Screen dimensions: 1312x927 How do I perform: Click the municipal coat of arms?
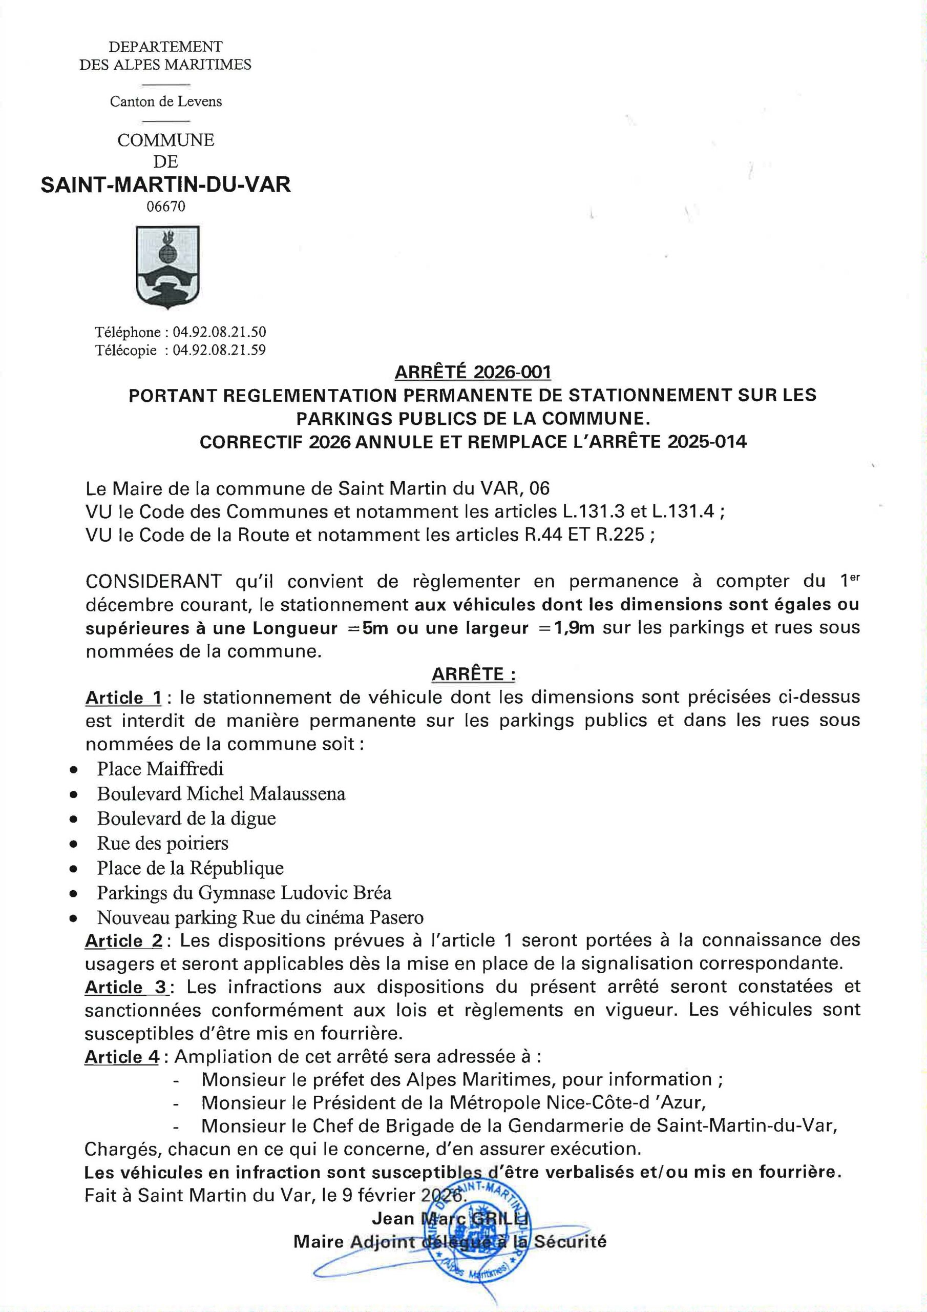[x=167, y=267]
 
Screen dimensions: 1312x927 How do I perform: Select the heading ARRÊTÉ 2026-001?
[x=472, y=372]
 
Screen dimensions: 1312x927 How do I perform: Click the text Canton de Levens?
[x=165, y=101]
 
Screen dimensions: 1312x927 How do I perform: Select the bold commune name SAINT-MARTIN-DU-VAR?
[x=165, y=184]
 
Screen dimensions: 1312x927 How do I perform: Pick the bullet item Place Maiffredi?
[x=160, y=769]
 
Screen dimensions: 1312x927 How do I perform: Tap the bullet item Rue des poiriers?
[x=162, y=843]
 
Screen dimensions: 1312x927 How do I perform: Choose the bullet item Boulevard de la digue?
[x=186, y=818]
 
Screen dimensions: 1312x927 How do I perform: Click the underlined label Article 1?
[x=123, y=698]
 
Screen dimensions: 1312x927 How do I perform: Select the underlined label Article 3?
[x=125, y=987]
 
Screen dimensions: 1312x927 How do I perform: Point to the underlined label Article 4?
[x=122, y=1057]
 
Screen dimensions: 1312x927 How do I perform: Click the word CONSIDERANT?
[x=153, y=581]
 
